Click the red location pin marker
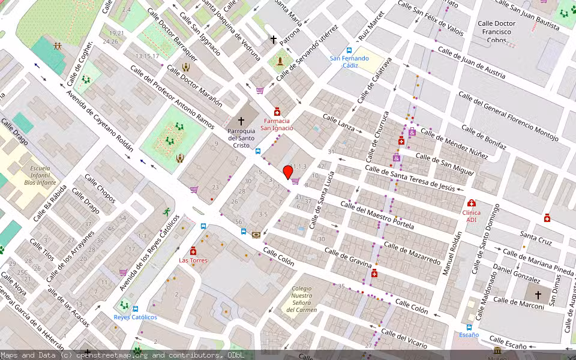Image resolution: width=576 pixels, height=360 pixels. point(288,172)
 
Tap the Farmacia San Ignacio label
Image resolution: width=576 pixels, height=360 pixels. point(277,124)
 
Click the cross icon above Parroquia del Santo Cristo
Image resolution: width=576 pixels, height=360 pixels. point(241,121)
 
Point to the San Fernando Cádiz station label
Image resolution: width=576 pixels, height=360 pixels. point(349,62)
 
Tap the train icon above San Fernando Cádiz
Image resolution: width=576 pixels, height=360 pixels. point(349,50)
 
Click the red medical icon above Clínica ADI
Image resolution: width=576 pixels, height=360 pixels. point(471,203)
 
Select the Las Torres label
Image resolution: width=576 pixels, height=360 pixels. point(193,260)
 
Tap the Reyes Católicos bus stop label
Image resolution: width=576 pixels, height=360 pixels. point(136,317)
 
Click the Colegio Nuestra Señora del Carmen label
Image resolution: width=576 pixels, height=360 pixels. point(301,299)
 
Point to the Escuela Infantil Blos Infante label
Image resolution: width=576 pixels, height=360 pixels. point(40,175)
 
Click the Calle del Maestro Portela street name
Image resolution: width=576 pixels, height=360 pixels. point(377,215)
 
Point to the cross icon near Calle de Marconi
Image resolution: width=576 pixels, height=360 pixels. point(538,295)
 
